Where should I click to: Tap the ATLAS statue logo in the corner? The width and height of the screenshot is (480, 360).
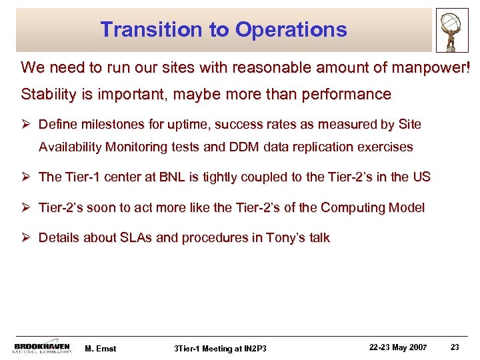point(454,29)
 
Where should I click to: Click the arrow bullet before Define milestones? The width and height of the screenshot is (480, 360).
point(27,125)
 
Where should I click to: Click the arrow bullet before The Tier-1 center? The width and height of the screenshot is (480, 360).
point(27,177)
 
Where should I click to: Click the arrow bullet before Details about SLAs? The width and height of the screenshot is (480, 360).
point(27,238)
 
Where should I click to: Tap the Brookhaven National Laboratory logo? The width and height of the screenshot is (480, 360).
point(42,347)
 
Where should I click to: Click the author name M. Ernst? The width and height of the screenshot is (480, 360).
point(101,347)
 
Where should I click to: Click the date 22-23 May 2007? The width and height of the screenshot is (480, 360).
point(397,347)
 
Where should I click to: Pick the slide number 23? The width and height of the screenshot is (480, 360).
point(455,347)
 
